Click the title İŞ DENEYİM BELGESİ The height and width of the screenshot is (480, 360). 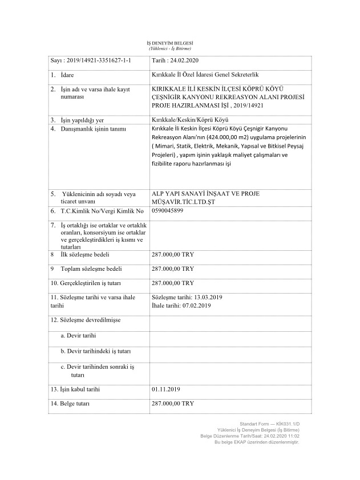pos(172,43)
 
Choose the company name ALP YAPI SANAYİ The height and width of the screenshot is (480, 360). pos(183,194)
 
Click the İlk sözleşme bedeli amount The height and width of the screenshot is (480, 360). pos(173,255)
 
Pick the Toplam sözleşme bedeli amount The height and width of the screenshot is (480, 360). pos(173,269)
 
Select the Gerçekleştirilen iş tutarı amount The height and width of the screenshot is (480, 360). pos(173,283)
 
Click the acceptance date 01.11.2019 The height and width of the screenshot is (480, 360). pos(166,389)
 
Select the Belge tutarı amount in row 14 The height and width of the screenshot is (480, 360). pos(173,404)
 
